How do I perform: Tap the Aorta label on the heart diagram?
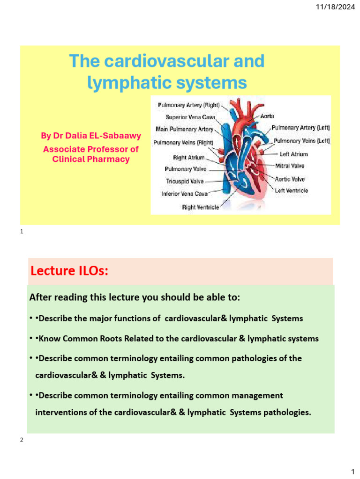coord(267,116)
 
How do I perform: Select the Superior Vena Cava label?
coord(189,117)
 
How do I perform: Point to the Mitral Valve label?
coord(289,166)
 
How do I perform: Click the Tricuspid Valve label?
coord(185,181)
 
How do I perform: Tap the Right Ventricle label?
coord(200,207)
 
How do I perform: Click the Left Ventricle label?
coord(291,190)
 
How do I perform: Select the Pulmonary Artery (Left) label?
coord(300,127)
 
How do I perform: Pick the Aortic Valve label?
coord(290,179)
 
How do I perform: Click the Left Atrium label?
coord(293,154)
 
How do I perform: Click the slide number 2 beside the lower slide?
coord(22,440)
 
